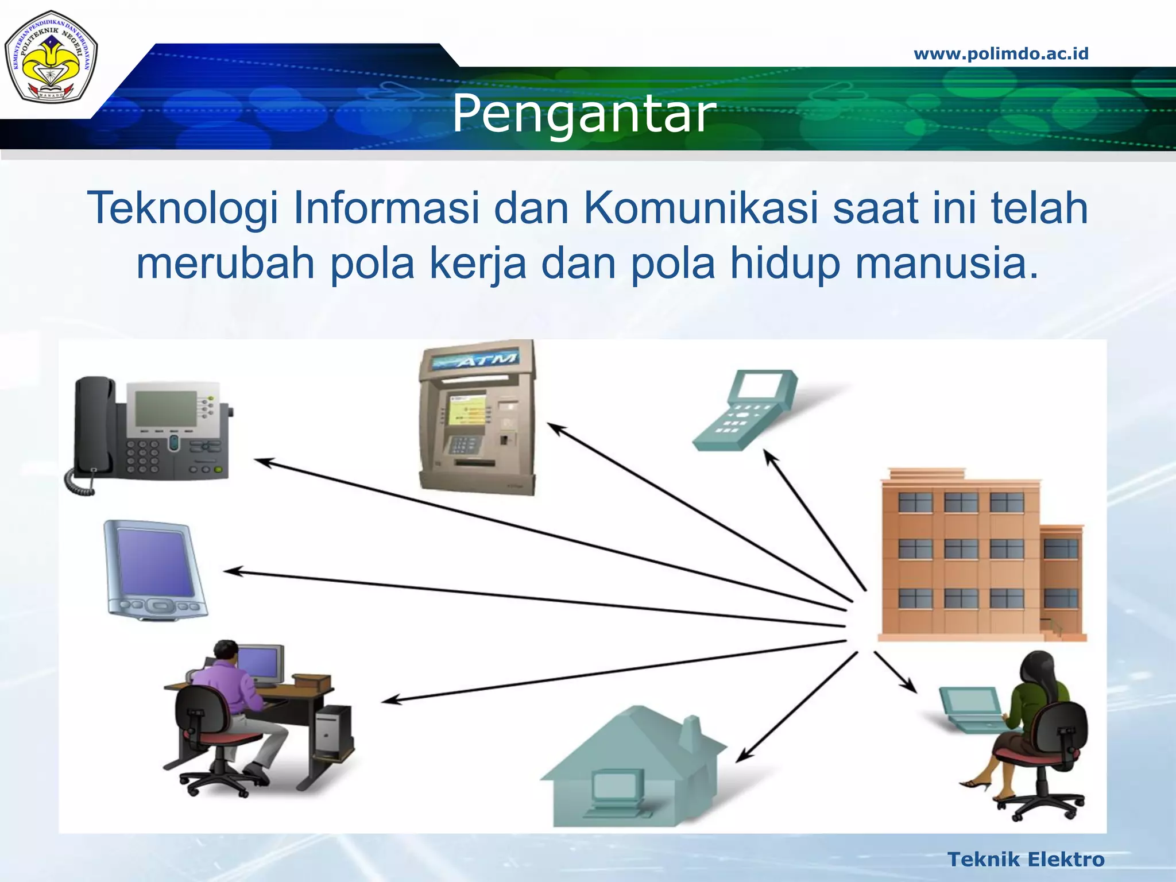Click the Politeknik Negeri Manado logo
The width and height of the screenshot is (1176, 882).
pos(51,56)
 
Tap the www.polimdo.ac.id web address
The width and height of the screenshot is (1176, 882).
pos(1001,54)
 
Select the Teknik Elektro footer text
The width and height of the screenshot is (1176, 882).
pos(1026,860)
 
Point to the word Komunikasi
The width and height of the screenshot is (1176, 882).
pos(701,208)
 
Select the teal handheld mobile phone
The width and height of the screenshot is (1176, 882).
pos(745,410)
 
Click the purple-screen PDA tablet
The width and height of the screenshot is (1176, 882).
pos(154,568)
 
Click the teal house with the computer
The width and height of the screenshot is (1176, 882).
pos(632,769)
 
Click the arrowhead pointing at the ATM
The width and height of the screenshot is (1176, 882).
pos(555,428)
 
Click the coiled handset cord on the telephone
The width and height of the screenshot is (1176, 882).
pos(80,482)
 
